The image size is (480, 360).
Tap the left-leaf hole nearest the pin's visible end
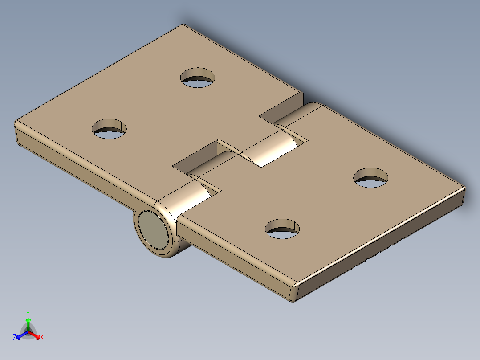[x=109, y=129]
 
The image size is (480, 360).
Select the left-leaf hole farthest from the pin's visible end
[x=198, y=78]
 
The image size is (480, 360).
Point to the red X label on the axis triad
[x=42, y=337]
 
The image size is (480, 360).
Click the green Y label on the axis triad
[x=28, y=313]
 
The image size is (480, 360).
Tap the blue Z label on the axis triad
[x=15, y=337]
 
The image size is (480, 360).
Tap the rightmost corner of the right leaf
[x=464, y=189]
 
